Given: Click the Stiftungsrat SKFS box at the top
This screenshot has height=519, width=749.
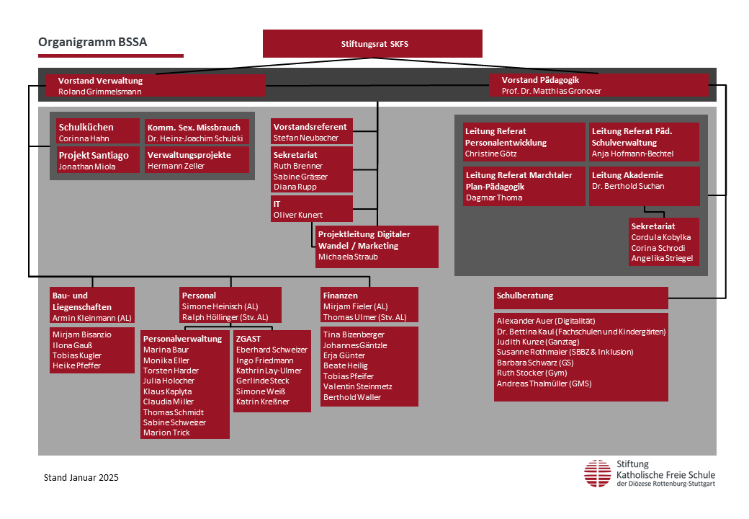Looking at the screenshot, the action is coord(372,43).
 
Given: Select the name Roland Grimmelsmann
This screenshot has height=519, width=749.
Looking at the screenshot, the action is coord(100,92).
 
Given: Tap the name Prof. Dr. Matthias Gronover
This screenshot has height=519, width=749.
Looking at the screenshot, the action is coord(551,91).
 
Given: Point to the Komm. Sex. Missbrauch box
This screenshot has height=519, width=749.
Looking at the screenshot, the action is coord(197,131).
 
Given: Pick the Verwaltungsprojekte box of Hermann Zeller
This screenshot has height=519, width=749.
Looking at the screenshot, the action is coord(197,159).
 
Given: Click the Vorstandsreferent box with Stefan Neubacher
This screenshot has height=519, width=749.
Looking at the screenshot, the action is coord(311,131).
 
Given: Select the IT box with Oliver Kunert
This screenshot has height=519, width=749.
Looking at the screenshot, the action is coord(311,209).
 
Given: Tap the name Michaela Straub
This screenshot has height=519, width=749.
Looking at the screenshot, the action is coord(348,257).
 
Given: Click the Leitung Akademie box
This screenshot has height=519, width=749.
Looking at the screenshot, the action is coord(645,187).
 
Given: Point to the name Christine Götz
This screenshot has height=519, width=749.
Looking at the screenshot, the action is coord(490,154).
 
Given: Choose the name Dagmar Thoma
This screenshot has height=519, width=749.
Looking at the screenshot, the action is coord(494,198).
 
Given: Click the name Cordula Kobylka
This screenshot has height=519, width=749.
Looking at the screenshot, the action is coord(660,237).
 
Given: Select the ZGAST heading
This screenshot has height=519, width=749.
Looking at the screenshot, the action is coord(248,338).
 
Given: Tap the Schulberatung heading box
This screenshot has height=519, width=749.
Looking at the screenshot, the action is coord(581,298).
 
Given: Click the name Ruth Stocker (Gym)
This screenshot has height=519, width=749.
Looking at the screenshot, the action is coord(532,373).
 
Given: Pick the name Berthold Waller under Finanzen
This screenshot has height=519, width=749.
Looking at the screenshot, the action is coord(352,397).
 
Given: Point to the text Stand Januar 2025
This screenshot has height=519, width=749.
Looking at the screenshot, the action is coord(81,477).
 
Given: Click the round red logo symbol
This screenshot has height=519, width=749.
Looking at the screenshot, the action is coord(598,474).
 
